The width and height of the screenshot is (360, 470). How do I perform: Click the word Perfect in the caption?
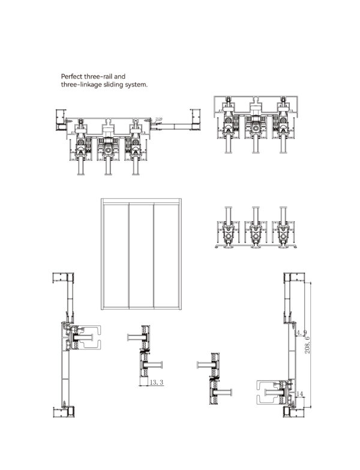click(x=71, y=77)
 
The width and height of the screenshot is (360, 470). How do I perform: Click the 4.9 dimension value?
click(x=301, y=332)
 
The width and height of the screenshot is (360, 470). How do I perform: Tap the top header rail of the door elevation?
click(x=141, y=200)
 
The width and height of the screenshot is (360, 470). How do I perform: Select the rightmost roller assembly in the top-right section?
click(x=283, y=127)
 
